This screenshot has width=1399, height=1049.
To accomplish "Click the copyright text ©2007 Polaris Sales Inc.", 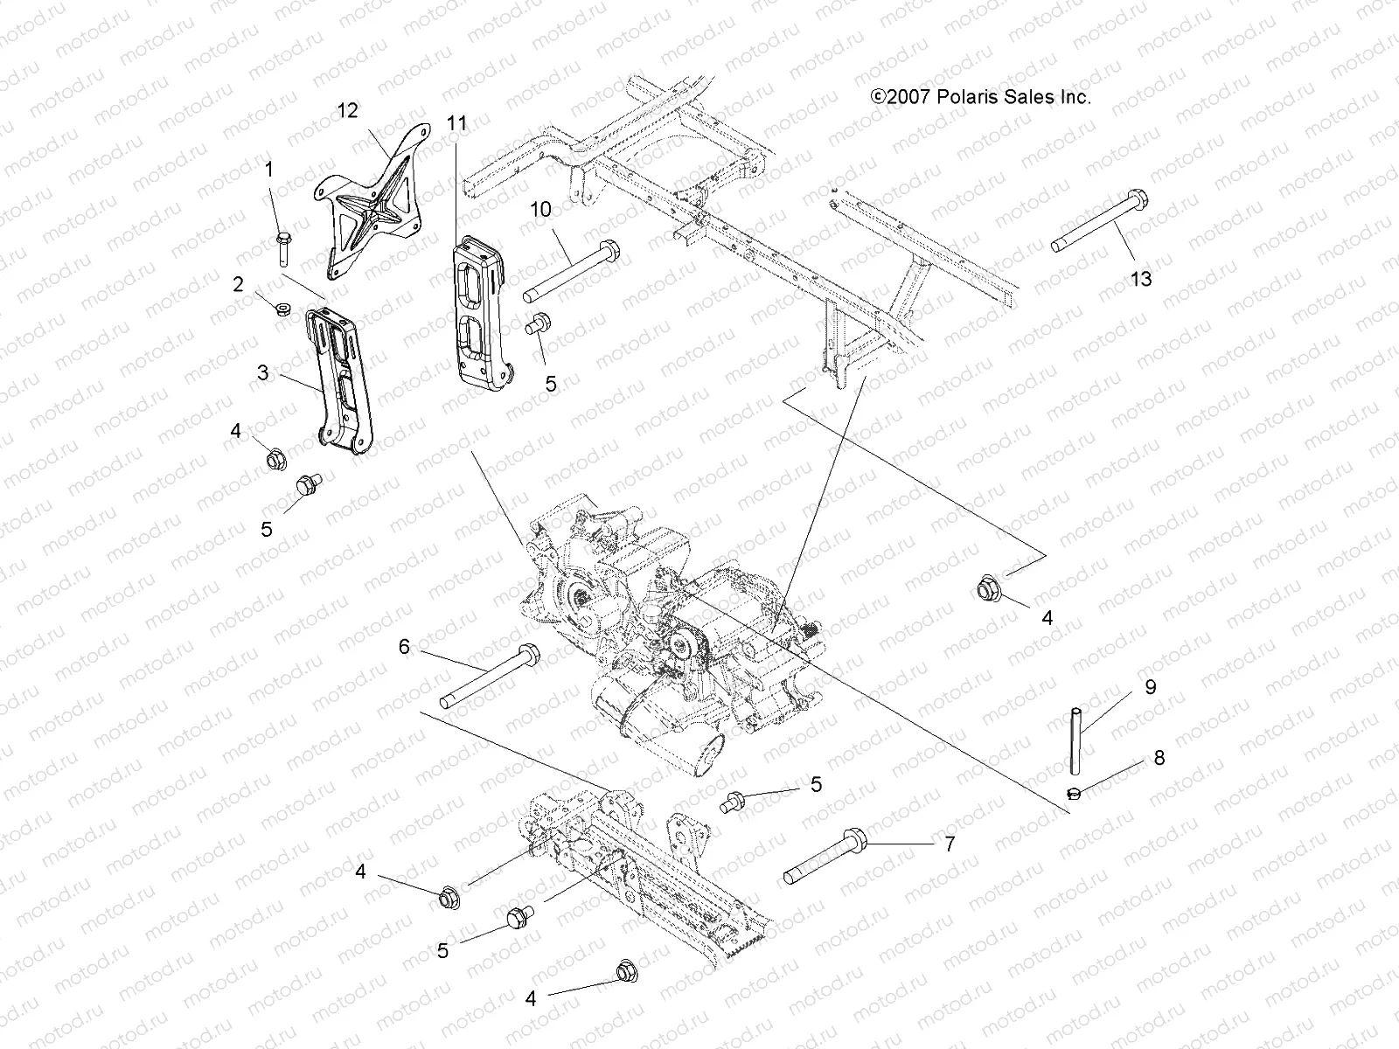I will (980, 97).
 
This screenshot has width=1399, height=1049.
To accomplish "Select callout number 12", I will (348, 110).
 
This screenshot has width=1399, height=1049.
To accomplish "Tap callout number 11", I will (456, 123).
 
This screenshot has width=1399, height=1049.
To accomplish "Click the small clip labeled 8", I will (1075, 792).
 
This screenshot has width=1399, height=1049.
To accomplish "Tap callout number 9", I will (1150, 687).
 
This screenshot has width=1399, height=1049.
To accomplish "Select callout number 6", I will (404, 647).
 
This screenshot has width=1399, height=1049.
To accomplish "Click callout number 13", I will (1141, 280).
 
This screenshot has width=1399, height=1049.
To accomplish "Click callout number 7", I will (950, 844).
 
